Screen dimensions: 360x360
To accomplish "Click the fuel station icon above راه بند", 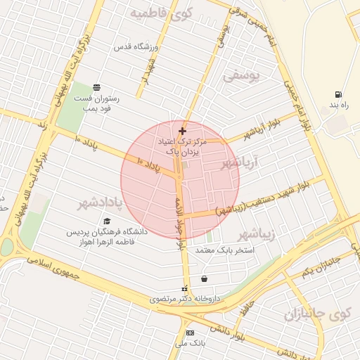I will tap(340, 94).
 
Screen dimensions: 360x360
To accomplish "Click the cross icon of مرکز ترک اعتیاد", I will tap(183, 131).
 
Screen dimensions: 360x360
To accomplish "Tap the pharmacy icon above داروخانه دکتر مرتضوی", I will tap(185, 289).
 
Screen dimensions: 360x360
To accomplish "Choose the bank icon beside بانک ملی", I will tap(190, 333).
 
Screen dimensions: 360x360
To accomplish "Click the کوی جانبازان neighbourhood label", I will tap(317, 314).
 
